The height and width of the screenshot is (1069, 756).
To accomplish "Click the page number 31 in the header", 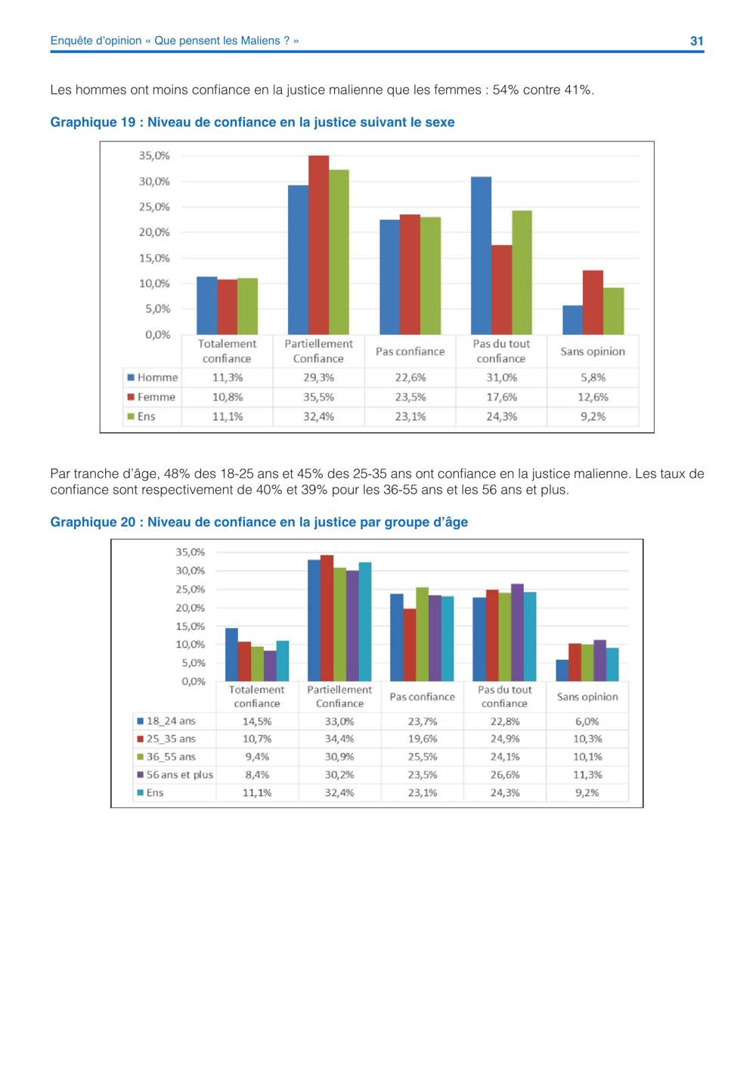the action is (696, 41).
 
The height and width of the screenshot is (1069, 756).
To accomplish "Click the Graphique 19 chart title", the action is (252, 122).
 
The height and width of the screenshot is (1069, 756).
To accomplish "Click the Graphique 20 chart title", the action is (259, 522).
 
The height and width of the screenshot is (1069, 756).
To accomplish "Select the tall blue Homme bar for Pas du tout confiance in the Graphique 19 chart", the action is (481, 256).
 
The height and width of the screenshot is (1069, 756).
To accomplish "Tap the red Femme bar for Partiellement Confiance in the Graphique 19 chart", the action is (318, 245).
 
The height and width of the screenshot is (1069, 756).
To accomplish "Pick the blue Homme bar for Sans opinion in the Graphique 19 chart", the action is (573, 320).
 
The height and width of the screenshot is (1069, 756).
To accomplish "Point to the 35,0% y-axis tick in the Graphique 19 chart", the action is (154, 156).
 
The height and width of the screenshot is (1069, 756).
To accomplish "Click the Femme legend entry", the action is (151, 397).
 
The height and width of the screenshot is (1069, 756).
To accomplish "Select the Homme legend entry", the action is (153, 377).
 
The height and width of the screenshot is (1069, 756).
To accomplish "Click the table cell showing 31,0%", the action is (502, 377).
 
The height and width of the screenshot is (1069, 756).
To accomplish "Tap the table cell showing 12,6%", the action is (593, 397).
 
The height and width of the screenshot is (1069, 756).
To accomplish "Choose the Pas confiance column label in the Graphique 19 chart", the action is (410, 352).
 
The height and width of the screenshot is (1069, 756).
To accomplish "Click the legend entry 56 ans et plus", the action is (175, 775).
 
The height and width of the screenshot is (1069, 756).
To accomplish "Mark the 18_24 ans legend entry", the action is (166, 721).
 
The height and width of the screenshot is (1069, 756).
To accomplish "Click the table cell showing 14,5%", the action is (257, 721).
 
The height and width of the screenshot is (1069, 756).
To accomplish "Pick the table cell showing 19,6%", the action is (423, 739).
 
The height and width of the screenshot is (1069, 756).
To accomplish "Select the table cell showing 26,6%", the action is (505, 775).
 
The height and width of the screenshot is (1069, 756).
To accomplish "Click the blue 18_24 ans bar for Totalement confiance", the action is (231, 654).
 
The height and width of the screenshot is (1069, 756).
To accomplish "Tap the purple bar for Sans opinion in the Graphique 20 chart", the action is (600, 661).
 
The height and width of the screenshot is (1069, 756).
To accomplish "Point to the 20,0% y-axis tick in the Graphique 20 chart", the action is (190, 608).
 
